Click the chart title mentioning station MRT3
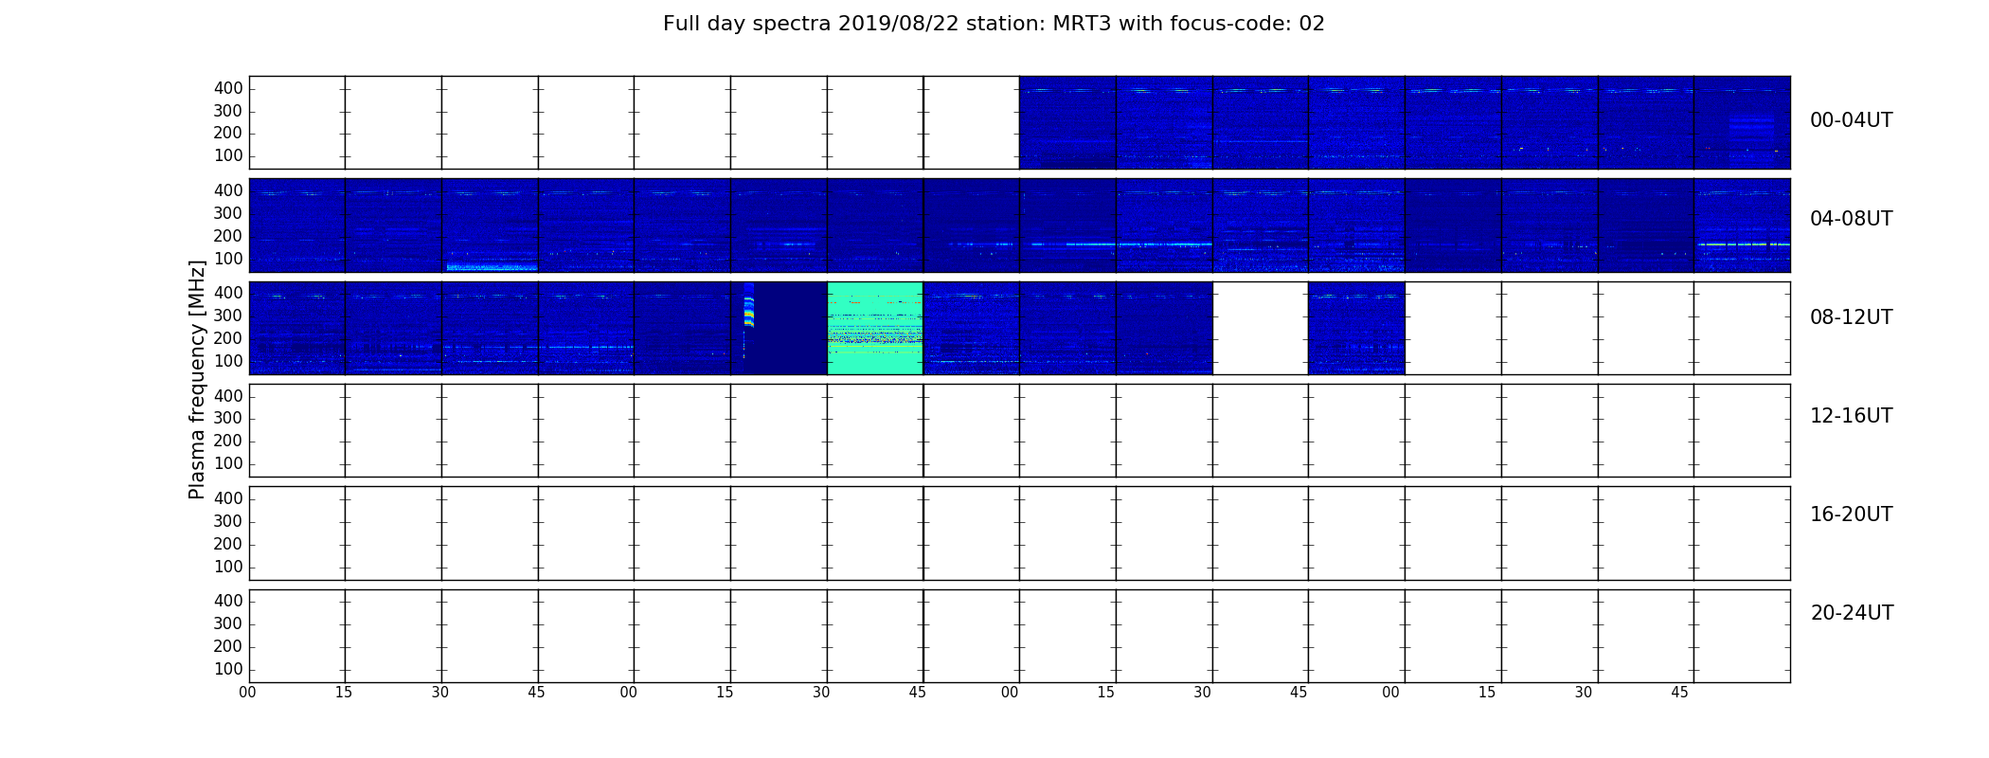coord(994,24)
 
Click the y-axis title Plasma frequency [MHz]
coord(197,379)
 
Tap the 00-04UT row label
coord(1851,120)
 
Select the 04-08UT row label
coord(1851,219)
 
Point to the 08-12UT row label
coord(1851,317)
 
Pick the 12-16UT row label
coord(1851,416)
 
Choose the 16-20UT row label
coord(1851,514)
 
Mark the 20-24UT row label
coord(1852,613)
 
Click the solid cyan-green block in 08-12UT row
coord(875,328)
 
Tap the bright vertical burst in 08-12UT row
coord(748,305)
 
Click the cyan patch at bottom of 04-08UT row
coord(492,267)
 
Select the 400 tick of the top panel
coord(228,88)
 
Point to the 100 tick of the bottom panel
coord(228,669)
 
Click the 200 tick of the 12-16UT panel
coord(228,441)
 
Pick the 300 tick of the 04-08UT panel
coord(228,213)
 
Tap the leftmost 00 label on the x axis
coord(247,693)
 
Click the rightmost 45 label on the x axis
coord(1679,693)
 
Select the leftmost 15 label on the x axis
coord(344,693)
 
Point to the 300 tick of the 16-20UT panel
coord(228,521)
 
